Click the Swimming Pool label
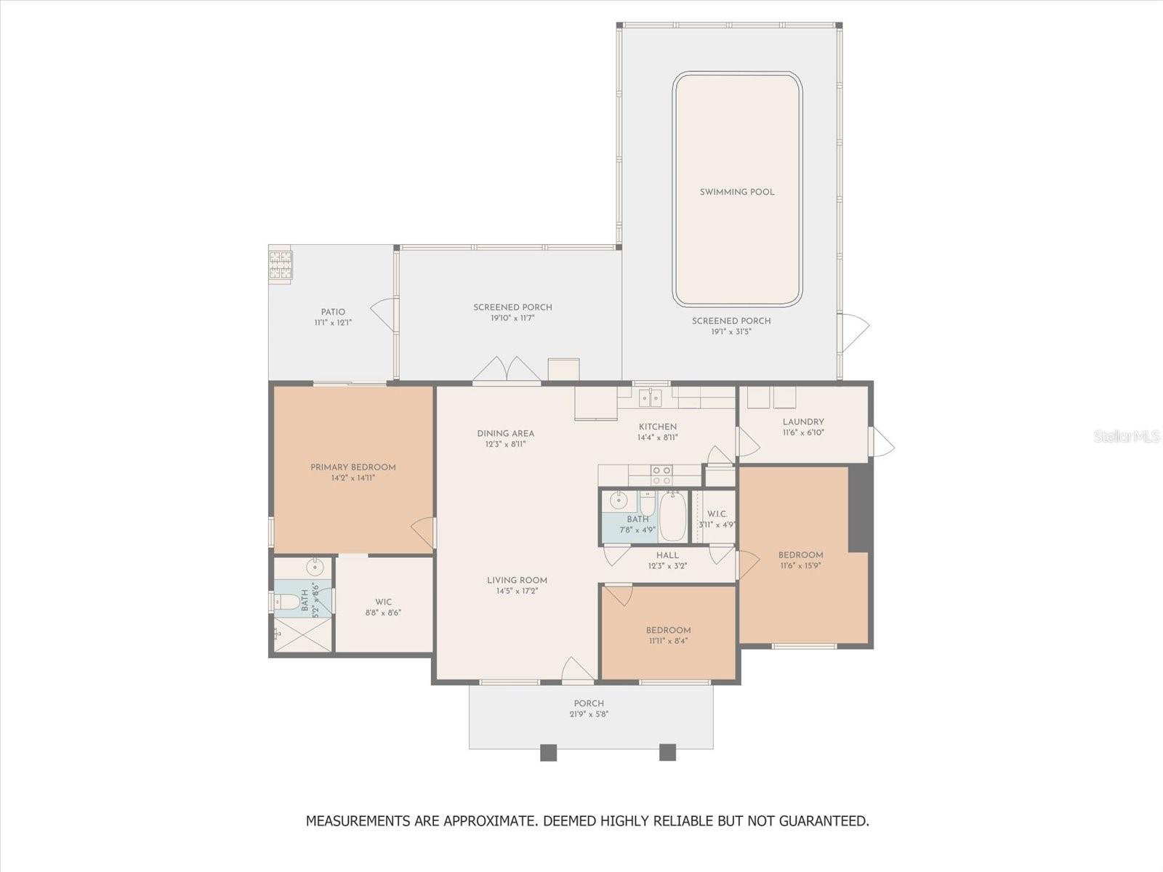(737, 192)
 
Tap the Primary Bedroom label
(353, 467)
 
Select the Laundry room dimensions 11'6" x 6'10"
(803, 432)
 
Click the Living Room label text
(517, 581)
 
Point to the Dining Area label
(505, 434)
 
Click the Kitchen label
(658, 427)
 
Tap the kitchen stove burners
(661, 475)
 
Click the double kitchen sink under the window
(650, 397)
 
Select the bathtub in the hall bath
(673, 516)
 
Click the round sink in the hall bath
(619, 499)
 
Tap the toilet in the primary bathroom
(286, 602)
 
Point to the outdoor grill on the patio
(281, 265)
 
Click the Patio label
(333, 312)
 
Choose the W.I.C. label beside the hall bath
(717, 514)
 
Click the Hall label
(667, 555)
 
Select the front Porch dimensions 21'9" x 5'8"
(589, 714)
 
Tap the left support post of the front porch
(548, 752)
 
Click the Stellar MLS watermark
(1127, 436)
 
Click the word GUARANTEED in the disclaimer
(824, 820)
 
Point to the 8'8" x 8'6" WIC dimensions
(383, 613)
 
